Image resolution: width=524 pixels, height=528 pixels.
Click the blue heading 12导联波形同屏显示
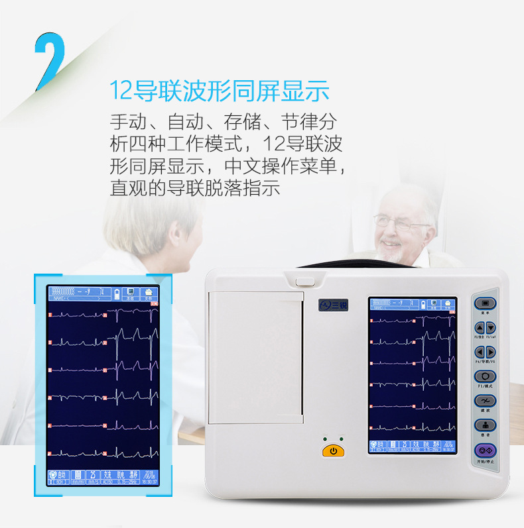coord(220,91)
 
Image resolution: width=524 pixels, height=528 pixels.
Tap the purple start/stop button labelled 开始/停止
coord(485,450)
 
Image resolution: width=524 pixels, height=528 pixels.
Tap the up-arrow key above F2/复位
coord(480,327)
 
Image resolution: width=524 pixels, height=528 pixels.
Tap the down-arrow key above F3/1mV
coord(491,327)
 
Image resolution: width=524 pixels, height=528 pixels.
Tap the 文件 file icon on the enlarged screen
coord(148,293)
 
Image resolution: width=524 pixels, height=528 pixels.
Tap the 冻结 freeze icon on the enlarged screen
coord(131,293)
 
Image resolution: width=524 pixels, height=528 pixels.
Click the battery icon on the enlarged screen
coord(117,293)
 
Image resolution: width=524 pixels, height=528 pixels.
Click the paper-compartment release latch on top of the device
coord(305,280)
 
